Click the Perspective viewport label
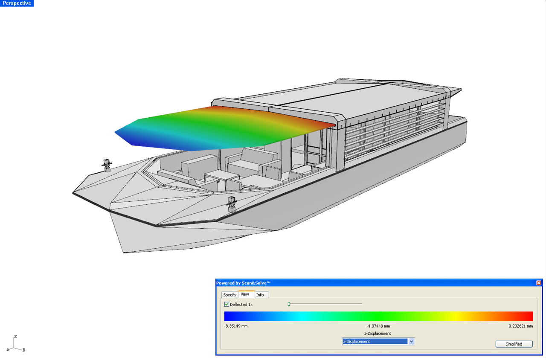point(17,3)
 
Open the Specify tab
point(229,295)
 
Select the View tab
point(245,294)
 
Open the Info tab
point(260,295)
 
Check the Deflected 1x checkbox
point(227,304)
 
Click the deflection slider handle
point(289,304)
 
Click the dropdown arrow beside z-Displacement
point(411,341)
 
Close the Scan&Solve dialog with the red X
point(539,283)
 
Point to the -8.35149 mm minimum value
point(236,326)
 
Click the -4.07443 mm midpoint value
point(378,326)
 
